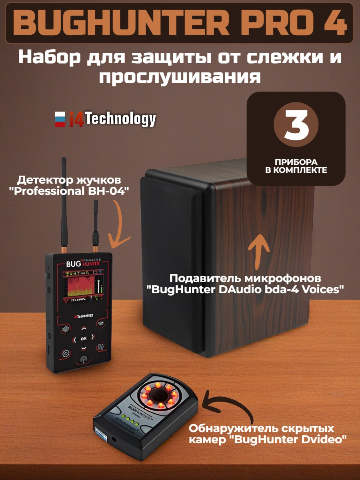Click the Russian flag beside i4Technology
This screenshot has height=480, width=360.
pyautogui.click(x=60, y=119)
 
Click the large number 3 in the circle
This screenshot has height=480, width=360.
pyautogui.click(x=296, y=124)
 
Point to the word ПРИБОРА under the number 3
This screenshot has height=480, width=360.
pyautogui.click(x=296, y=162)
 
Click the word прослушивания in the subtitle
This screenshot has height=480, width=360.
pyautogui.click(x=180, y=76)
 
